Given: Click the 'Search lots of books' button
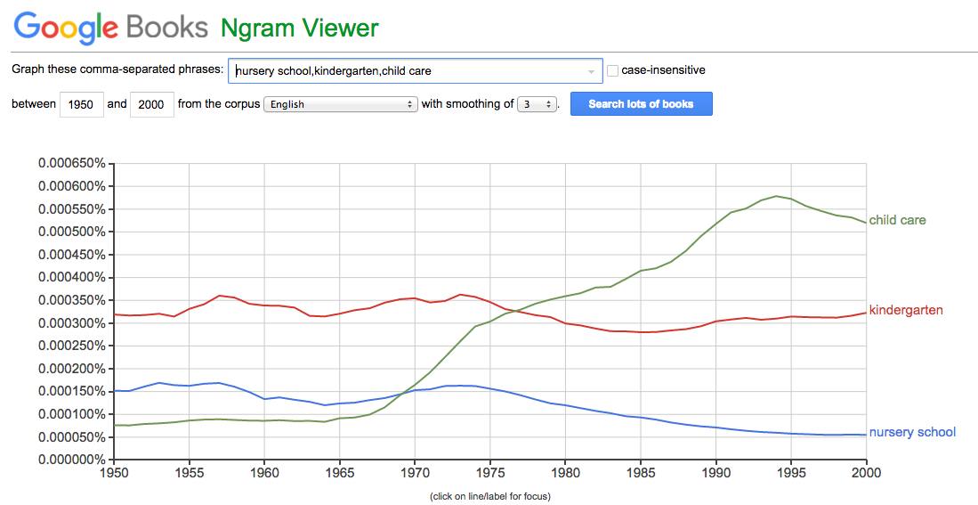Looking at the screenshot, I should coord(641,104).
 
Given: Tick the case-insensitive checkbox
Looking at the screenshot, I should coord(612,70).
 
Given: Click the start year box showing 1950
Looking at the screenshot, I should coord(81,104).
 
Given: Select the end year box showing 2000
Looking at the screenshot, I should coord(151,104).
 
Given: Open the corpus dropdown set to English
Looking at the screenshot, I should coord(341,104).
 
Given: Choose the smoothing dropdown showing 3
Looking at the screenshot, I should coord(537,104).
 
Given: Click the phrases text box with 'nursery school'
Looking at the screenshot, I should coord(414,70).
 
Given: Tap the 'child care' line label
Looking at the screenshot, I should coord(897,220).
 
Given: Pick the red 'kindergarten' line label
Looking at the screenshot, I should coord(906,310).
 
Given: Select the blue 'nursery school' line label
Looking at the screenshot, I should coord(912,432).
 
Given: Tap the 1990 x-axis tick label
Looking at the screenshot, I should coord(716,474).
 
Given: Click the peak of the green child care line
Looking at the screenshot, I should coord(776,196).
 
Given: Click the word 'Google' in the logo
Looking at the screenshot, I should coord(66,27).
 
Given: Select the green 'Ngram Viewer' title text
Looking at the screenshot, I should coord(300,28).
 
